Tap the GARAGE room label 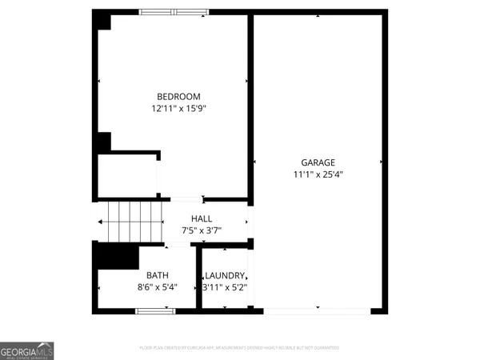click(x=318, y=162)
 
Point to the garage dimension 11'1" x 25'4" click(x=318, y=174)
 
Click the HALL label click(x=202, y=218)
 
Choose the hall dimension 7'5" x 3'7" click(x=202, y=230)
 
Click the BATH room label click(x=157, y=275)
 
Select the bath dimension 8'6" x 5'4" click(x=157, y=286)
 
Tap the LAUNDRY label click(x=224, y=275)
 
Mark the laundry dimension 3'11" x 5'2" click(x=224, y=286)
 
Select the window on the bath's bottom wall click(x=155, y=310)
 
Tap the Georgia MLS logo click(x=27, y=350)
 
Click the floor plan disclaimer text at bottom click(x=239, y=348)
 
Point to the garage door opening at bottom click(x=318, y=310)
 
